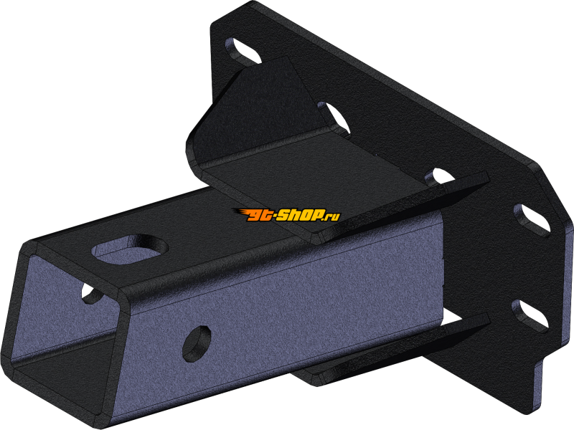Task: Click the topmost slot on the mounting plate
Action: pos(243,51)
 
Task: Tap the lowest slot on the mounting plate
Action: pos(530,315)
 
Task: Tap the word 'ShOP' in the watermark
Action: pos(300,215)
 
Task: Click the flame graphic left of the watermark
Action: pos(240,212)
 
